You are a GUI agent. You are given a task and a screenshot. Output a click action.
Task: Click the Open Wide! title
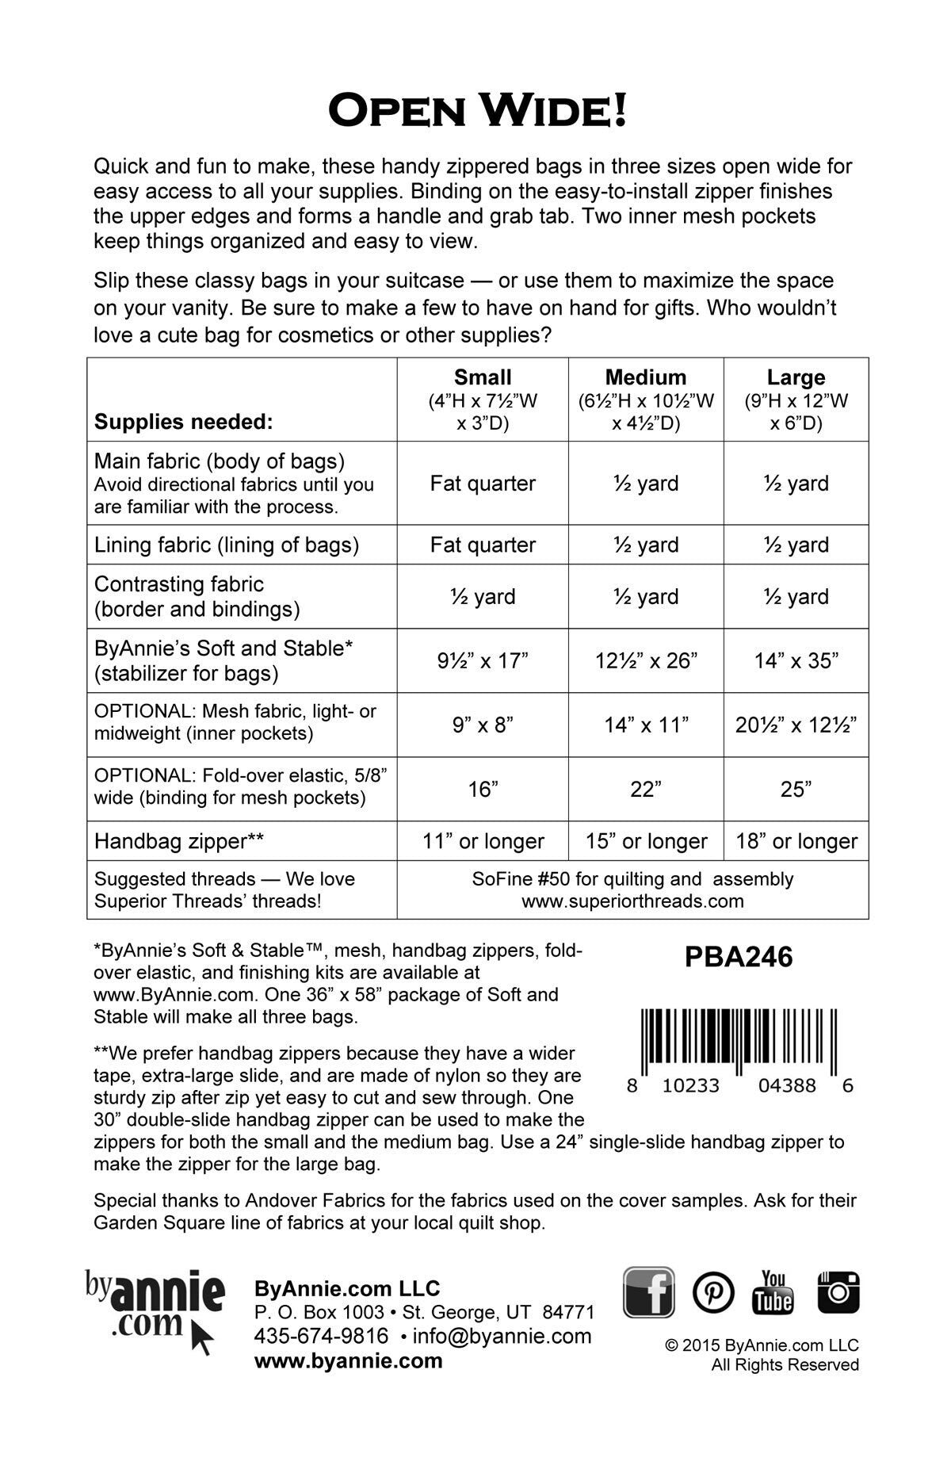tap(477, 110)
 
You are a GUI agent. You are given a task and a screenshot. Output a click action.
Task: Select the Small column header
tap(482, 377)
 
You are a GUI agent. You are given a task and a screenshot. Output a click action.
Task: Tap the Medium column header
tap(645, 377)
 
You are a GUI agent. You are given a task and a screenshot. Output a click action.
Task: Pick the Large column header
tap(796, 377)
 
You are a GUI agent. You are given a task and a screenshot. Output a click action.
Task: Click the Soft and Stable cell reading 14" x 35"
tap(796, 660)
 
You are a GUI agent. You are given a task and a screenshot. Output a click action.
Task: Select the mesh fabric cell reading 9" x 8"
tap(482, 725)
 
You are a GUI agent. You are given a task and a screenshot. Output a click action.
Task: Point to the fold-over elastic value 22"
tap(645, 790)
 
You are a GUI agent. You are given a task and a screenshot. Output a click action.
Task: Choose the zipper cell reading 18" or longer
tap(796, 841)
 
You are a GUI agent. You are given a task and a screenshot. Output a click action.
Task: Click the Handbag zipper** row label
tap(178, 841)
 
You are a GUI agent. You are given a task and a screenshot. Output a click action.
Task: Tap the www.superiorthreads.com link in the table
tap(632, 901)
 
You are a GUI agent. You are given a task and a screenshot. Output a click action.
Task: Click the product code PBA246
tap(739, 958)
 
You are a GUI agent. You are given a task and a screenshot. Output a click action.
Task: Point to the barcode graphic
tap(738, 1035)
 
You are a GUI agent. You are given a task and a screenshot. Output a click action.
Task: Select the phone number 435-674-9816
tap(321, 1336)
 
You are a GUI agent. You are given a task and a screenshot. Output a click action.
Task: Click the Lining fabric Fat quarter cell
tap(482, 545)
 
